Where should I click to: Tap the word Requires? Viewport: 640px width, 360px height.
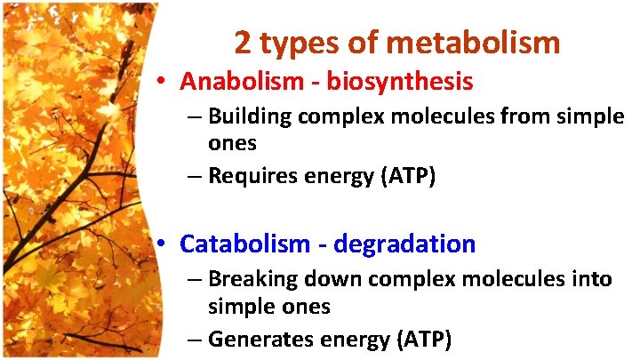249,176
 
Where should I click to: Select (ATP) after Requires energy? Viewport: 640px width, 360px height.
407,176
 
